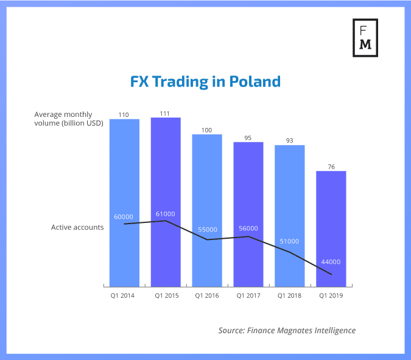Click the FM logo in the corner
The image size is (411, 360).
click(366, 38)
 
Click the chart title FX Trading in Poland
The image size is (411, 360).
click(205, 82)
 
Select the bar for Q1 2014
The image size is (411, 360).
click(125, 201)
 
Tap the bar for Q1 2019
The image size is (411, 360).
click(331, 228)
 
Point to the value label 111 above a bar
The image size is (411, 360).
click(166, 113)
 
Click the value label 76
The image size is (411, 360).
click(331, 166)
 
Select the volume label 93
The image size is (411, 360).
click(290, 140)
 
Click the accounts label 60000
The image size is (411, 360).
click(125, 217)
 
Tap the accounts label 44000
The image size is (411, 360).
click(331, 262)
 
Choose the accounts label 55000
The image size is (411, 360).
click(207, 230)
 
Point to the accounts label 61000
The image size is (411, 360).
click(166, 214)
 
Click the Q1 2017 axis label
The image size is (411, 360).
click(248, 295)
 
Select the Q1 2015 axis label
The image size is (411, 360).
click(166, 295)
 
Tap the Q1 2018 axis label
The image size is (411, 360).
click(290, 295)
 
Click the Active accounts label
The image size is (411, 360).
click(77, 227)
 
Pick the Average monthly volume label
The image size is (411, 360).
click(69, 118)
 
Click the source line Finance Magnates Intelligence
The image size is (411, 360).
click(287, 330)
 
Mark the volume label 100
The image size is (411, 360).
click(207, 130)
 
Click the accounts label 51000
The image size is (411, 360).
click(290, 241)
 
